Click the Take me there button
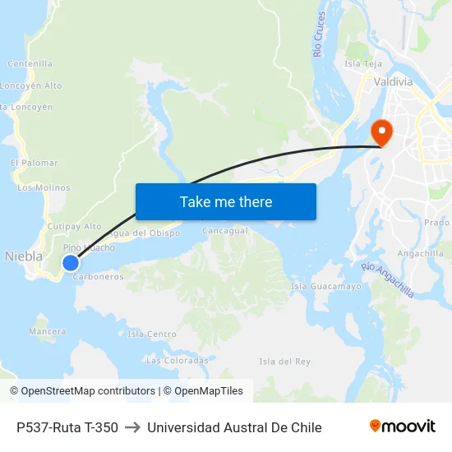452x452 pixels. pos(226,201)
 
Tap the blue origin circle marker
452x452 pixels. pos(71,263)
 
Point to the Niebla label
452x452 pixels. pos(24,256)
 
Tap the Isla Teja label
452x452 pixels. pos(363,63)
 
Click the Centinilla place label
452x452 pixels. pos(30,63)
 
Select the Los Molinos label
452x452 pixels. pos(44,187)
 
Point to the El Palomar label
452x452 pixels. pos(35,164)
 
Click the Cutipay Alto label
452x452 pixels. pos(75,226)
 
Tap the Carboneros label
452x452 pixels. pos(99,277)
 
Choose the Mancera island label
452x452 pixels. pos(48,331)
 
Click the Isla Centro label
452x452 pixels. pos(152,334)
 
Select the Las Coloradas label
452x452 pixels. pos(177,360)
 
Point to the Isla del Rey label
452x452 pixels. pos(284,362)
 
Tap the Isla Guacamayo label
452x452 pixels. pos(326,286)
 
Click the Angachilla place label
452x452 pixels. pos(421,253)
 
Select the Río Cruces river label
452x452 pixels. pos(320,35)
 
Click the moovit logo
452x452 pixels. pos(403,427)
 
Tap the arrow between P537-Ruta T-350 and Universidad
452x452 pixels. pos(132,427)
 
